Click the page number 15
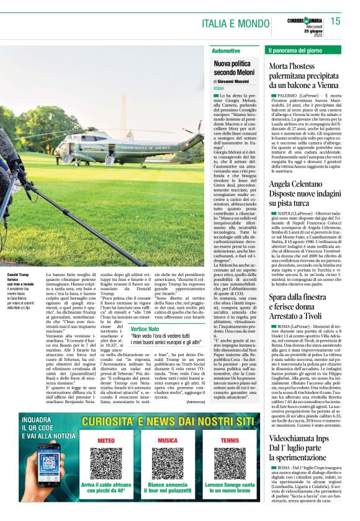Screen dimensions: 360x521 pos(335,21)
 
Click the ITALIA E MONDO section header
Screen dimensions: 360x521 pos(236,24)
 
